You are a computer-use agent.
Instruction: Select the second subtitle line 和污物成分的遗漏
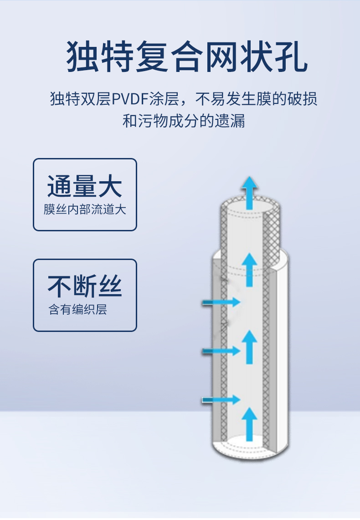click(x=184, y=121)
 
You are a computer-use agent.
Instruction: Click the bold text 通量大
click(x=85, y=187)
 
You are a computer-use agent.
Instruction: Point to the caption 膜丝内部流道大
click(x=85, y=210)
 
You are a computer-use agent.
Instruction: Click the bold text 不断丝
click(x=85, y=286)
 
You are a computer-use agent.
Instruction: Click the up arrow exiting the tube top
click(x=249, y=192)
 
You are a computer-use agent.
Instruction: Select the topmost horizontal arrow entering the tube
click(x=221, y=301)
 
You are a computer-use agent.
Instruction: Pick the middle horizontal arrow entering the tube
click(x=221, y=351)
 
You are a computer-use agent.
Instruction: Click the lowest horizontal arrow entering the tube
click(x=221, y=400)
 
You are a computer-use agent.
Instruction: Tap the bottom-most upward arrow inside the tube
click(x=249, y=424)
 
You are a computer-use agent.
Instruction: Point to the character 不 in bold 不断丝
click(x=60, y=286)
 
